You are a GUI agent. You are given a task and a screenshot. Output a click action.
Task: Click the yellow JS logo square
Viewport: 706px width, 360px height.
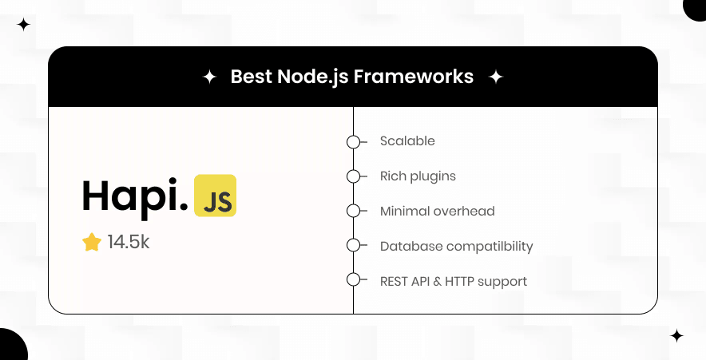tap(215, 196)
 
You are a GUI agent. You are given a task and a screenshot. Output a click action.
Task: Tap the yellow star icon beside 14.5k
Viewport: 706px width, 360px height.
tap(92, 242)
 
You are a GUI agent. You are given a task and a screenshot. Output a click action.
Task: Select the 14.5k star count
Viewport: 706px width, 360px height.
tap(129, 242)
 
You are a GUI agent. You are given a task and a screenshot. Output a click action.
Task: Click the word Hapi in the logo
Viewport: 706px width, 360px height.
tap(133, 196)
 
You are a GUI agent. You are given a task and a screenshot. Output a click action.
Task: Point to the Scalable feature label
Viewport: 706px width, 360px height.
tap(407, 141)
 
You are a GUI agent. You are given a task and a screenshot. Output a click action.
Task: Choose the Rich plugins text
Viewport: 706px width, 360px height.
tap(418, 176)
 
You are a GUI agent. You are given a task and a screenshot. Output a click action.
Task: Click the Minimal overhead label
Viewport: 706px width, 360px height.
tap(437, 212)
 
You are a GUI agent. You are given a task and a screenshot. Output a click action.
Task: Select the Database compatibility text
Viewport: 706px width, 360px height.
tap(456, 247)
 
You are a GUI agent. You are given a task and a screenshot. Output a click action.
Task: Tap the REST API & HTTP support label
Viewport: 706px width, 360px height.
tap(453, 281)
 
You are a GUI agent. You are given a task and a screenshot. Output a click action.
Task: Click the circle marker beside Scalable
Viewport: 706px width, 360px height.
tap(353, 142)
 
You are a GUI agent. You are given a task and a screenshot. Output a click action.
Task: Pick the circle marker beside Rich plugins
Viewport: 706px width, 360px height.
tap(353, 176)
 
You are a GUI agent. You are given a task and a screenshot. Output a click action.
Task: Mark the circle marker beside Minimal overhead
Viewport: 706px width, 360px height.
tap(353, 211)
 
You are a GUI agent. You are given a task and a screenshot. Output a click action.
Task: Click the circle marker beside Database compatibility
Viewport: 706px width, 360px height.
tap(353, 245)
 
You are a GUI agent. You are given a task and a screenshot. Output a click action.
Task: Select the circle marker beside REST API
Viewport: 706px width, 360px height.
tap(353, 279)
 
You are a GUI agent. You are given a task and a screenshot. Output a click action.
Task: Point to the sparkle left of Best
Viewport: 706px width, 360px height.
tap(209, 77)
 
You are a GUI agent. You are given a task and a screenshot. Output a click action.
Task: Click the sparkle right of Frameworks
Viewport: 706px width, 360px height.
tap(495, 77)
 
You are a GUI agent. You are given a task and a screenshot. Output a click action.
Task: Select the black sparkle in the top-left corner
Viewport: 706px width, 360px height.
tap(23, 25)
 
